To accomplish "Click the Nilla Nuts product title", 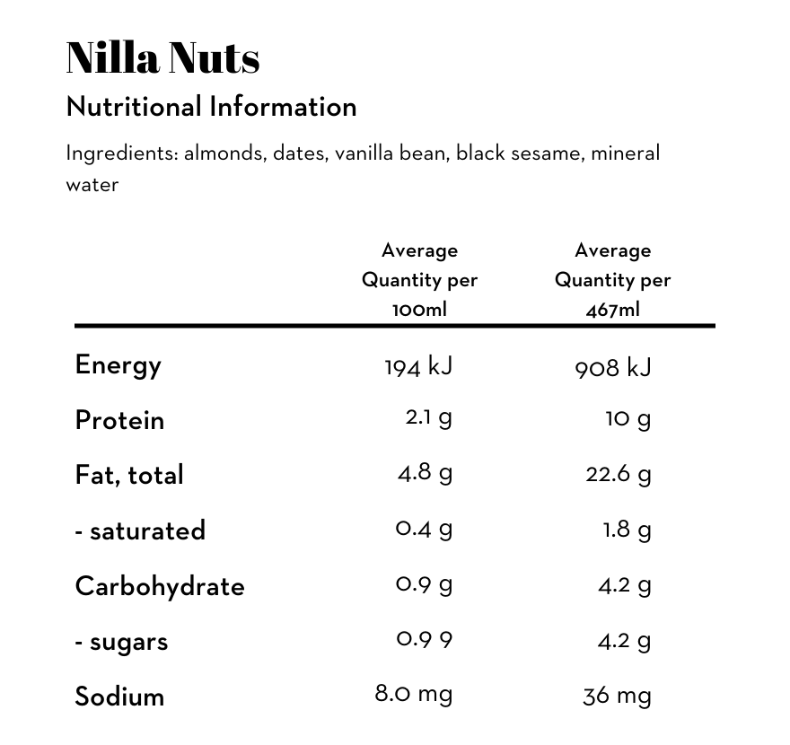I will click(x=162, y=57).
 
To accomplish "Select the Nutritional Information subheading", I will click(x=211, y=107).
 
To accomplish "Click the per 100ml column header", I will click(x=419, y=280).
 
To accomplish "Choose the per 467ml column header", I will click(x=613, y=280).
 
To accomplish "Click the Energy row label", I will click(x=118, y=364).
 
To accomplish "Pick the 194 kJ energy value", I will click(x=418, y=366).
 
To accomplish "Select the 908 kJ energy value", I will click(x=613, y=366).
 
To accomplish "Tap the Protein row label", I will click(x=119, y=420).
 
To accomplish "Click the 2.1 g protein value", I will click(x=428, y=418).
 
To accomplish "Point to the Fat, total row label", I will click(x=129, y=475).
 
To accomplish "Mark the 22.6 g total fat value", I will click(x=619, y=474).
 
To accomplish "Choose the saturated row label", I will click(x=140, y=530).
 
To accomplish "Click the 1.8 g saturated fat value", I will click(x=627, y=530).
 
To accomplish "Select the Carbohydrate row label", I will click(x=160, y=586).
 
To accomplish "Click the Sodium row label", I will click(x=119, y=697).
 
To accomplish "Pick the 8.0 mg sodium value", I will click(x=414, y=694).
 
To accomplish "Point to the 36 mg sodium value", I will click(x=617, y=696).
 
